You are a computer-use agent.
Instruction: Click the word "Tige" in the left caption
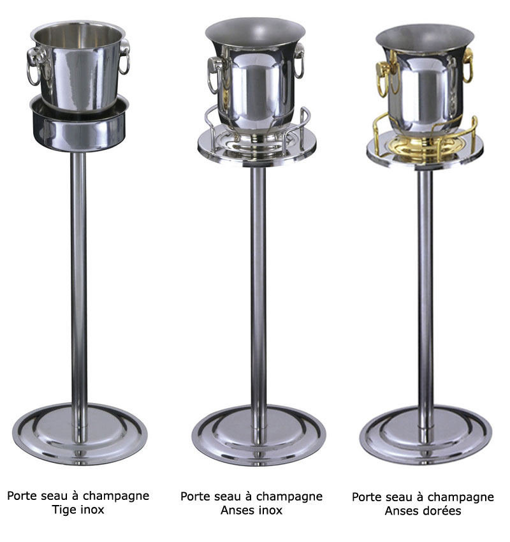(64, 509)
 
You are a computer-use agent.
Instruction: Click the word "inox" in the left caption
(92, 509)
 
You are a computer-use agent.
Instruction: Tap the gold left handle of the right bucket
(384, 79)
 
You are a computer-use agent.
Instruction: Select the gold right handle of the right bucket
(467, 65)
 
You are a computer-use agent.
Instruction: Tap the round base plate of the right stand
(425, 436)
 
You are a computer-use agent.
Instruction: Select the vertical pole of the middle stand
(258, 304)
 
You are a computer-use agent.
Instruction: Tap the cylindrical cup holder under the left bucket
(79, 129)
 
